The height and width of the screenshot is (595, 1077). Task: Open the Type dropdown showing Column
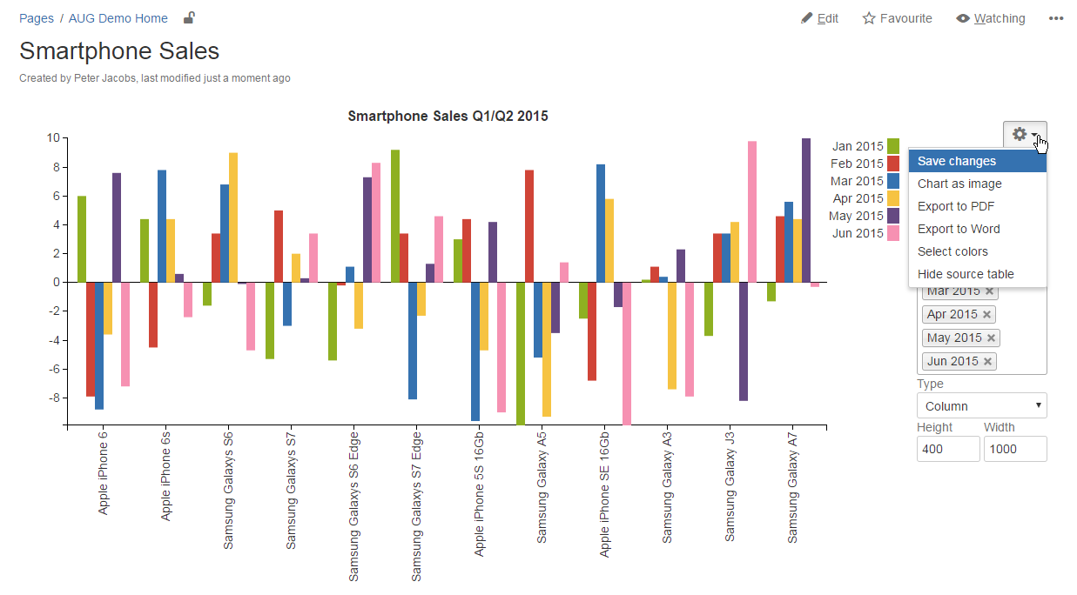981,405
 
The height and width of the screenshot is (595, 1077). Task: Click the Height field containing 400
948,449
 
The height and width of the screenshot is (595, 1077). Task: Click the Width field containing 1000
1014,449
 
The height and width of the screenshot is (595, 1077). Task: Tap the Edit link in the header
820,18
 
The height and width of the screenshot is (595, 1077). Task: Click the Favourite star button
897,18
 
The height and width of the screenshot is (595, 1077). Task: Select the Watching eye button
991,18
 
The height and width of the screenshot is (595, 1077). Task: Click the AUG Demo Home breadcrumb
118,18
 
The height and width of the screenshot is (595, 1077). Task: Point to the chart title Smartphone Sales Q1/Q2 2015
448,116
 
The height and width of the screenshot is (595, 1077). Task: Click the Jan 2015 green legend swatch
892,146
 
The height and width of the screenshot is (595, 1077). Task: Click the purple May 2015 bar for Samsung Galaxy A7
806,210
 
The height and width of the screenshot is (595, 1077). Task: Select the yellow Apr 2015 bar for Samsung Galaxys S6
233,217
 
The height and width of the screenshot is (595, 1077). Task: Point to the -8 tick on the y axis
54,398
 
